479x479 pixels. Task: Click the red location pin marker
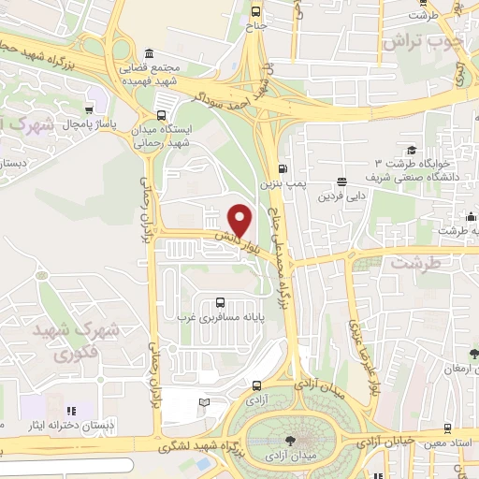(241, 220)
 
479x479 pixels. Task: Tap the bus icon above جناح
(256, 12)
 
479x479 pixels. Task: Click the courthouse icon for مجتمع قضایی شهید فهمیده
(151, 53)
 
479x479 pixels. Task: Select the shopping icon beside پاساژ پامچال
(90, 108)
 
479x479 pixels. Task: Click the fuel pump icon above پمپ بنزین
(283, 169)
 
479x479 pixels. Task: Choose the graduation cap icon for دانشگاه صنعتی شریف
(412, 151)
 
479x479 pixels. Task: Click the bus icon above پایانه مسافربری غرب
(219, 301)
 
